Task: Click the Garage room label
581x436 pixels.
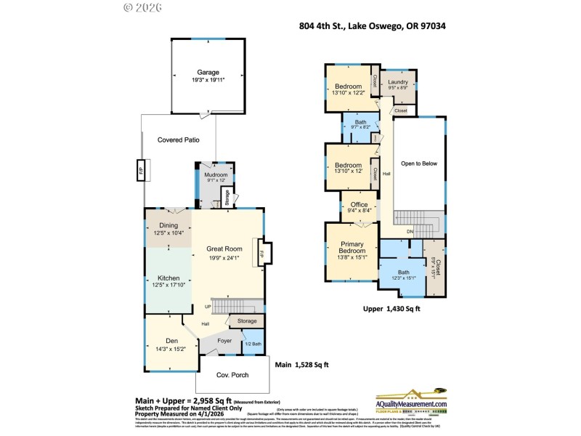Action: click(x=208, y=72)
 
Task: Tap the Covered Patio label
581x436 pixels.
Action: click(x=178, y=140)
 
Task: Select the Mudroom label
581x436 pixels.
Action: click(x=216, y=175)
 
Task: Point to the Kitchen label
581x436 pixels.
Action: click(x=168, y=278)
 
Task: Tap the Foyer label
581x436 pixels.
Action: click(x=224, y=340)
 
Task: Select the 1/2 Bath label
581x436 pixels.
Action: click(x=253, y=343)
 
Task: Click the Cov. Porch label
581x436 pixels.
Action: click(x=233, y=375)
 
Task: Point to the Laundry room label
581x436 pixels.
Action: click(x=398, y=82)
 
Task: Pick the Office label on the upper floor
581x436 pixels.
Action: click(x=359, y=205)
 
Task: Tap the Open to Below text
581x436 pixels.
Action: click(x=419, y=163)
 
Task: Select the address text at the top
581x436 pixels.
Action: click(x=373, y=26)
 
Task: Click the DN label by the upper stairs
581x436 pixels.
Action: click(x=410, y=231)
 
